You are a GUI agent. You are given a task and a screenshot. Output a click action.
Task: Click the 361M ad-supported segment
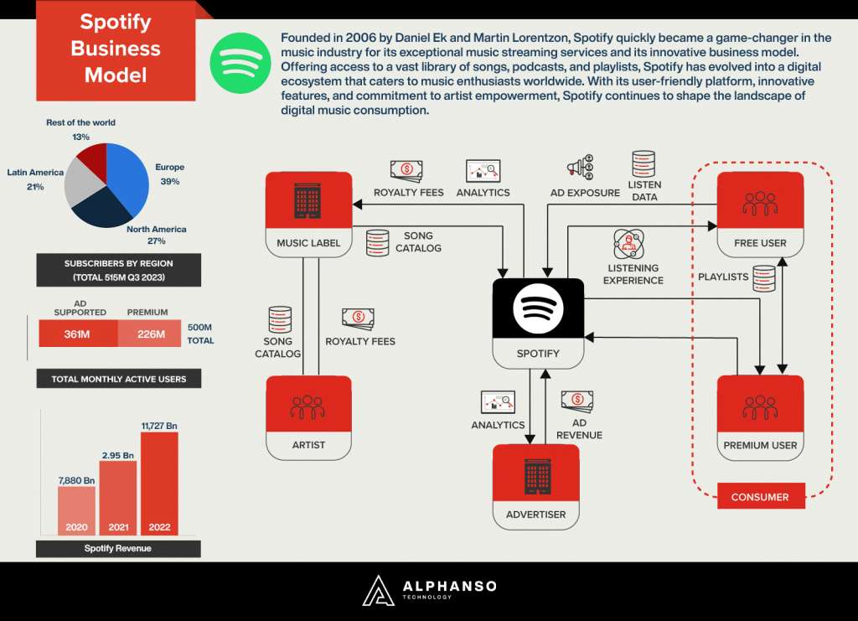(78, 334)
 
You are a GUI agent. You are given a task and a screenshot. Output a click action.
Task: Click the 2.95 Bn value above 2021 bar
(117, 454)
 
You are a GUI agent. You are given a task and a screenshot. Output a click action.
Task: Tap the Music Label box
(308, 213)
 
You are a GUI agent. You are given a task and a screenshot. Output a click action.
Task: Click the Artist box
(308, 417)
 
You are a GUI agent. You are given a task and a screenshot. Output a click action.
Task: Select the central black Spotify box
(538, 322)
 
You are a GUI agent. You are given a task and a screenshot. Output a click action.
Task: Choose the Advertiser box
(536, 485)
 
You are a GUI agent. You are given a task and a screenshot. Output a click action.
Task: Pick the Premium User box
(760, 417)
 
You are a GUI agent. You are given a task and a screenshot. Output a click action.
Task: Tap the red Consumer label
(760, 497)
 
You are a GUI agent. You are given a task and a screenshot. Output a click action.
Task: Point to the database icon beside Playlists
(763, 277)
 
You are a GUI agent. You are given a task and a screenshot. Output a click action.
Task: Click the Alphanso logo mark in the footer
(378, 590)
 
